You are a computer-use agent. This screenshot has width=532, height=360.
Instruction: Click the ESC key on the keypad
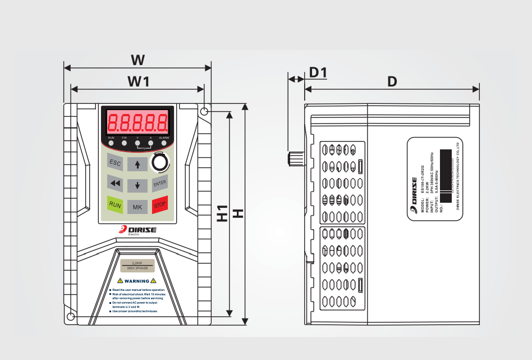point(115,163)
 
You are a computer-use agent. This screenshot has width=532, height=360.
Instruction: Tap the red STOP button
point(160,205)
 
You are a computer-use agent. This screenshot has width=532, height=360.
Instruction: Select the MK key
point(137,207)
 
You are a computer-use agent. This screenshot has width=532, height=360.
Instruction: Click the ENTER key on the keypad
point(160,183)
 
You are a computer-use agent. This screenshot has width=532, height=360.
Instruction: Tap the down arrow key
point(137,184)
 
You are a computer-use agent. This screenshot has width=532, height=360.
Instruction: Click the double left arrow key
point(115,183)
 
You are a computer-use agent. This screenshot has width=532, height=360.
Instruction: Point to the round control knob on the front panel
point(160,162)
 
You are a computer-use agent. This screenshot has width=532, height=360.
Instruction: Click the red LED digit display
point(137,121)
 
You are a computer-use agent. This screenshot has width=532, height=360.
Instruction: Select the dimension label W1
point(138,81)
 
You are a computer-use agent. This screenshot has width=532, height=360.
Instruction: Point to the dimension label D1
point(318,72)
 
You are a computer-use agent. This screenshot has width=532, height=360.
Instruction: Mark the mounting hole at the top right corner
point(204,112)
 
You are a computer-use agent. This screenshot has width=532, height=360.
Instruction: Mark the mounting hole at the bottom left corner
point(70,317)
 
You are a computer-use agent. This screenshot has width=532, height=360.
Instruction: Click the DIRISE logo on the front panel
point(137,229)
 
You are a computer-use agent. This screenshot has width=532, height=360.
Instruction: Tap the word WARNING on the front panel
point(137,281)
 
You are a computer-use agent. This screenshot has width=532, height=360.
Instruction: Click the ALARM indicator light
point(164,143)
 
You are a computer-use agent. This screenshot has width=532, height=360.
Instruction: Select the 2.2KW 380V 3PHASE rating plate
point(137,266)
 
